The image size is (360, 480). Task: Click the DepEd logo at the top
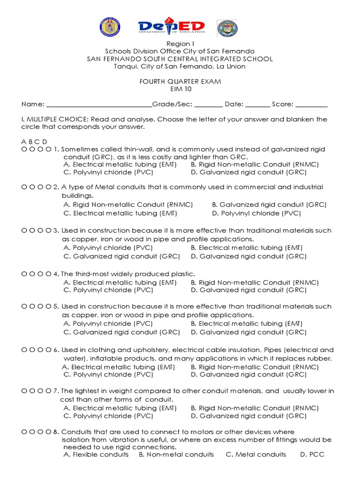point(172,27)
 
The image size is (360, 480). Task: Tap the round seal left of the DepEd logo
point(110,27)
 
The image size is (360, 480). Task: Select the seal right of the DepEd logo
point(227,28)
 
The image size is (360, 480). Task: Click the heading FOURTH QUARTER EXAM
point(180,81)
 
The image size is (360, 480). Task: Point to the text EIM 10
point(180,89)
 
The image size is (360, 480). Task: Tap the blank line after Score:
point(311,105)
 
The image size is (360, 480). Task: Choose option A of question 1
point(120,165)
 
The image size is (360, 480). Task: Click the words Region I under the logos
point(180,44)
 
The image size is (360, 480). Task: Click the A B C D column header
point(34,142)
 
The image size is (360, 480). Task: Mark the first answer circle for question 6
point(24,350)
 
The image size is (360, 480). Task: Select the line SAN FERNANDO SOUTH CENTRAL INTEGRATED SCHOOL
point(180,59)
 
